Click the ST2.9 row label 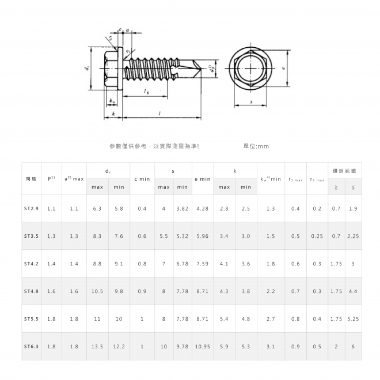31,208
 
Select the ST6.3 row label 31,347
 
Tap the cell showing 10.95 203,347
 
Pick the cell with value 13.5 97,347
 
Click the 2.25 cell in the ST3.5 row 353,236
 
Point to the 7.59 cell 203,264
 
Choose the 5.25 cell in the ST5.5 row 353,319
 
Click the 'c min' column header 142,179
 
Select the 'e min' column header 203,179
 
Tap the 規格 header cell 31,179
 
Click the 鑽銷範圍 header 345,171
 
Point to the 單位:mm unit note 256,146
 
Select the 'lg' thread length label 146,91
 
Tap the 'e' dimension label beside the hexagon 283,68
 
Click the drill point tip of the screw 202,69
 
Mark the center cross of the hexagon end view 250,69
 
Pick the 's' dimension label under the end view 251,102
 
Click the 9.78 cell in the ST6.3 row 183,347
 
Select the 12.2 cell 119,347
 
